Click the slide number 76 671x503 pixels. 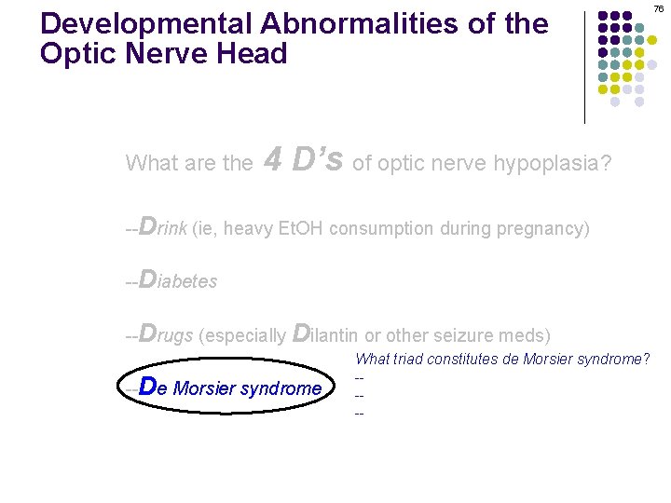pos(658,8)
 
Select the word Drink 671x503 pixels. pos(161,228)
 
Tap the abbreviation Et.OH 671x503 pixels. pos(302,229)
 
